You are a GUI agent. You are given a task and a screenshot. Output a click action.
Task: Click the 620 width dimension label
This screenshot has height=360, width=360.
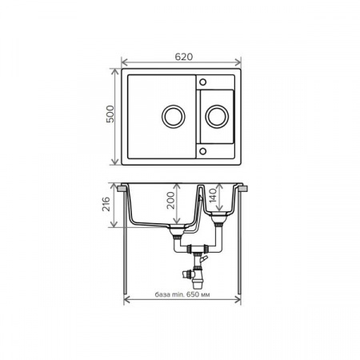click(x=184, y=57)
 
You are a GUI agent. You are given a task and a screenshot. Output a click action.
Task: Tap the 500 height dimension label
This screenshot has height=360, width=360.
click(x=110, y=114)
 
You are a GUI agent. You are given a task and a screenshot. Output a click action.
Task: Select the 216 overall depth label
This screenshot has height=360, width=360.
click(x=106, y=204)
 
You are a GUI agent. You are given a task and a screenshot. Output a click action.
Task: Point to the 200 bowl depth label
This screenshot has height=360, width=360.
click(x=170, y=200)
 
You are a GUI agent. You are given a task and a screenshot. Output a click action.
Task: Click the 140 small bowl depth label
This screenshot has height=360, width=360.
click(x=213, y=195)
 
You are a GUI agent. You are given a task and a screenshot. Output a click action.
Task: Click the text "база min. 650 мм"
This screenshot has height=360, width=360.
click(x=182, y=294)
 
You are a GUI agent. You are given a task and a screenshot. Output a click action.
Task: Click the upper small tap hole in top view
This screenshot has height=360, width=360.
click(x=202, y=82)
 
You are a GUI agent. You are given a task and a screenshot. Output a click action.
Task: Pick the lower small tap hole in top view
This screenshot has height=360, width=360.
click(x=202, y=151)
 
